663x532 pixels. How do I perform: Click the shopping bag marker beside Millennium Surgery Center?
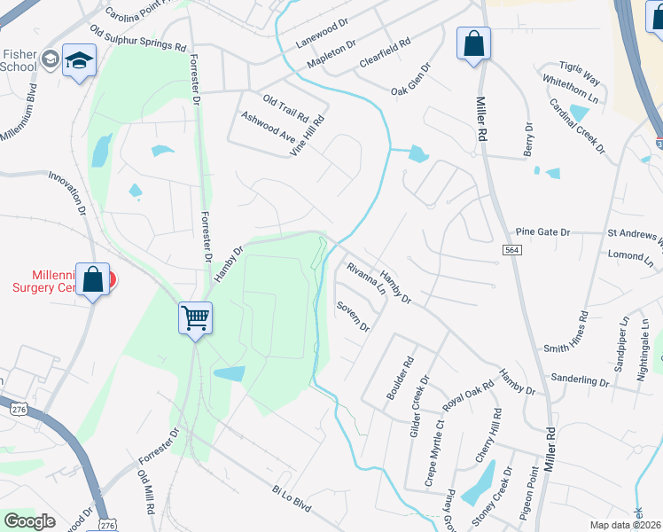[93, 280]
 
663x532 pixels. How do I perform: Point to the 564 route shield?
[511, 252]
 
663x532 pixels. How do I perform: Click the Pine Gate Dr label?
[543, 231]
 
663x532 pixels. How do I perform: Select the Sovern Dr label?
[352, 317]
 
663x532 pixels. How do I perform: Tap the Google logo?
[29, 521]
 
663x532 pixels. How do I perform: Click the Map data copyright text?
[626, 525]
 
